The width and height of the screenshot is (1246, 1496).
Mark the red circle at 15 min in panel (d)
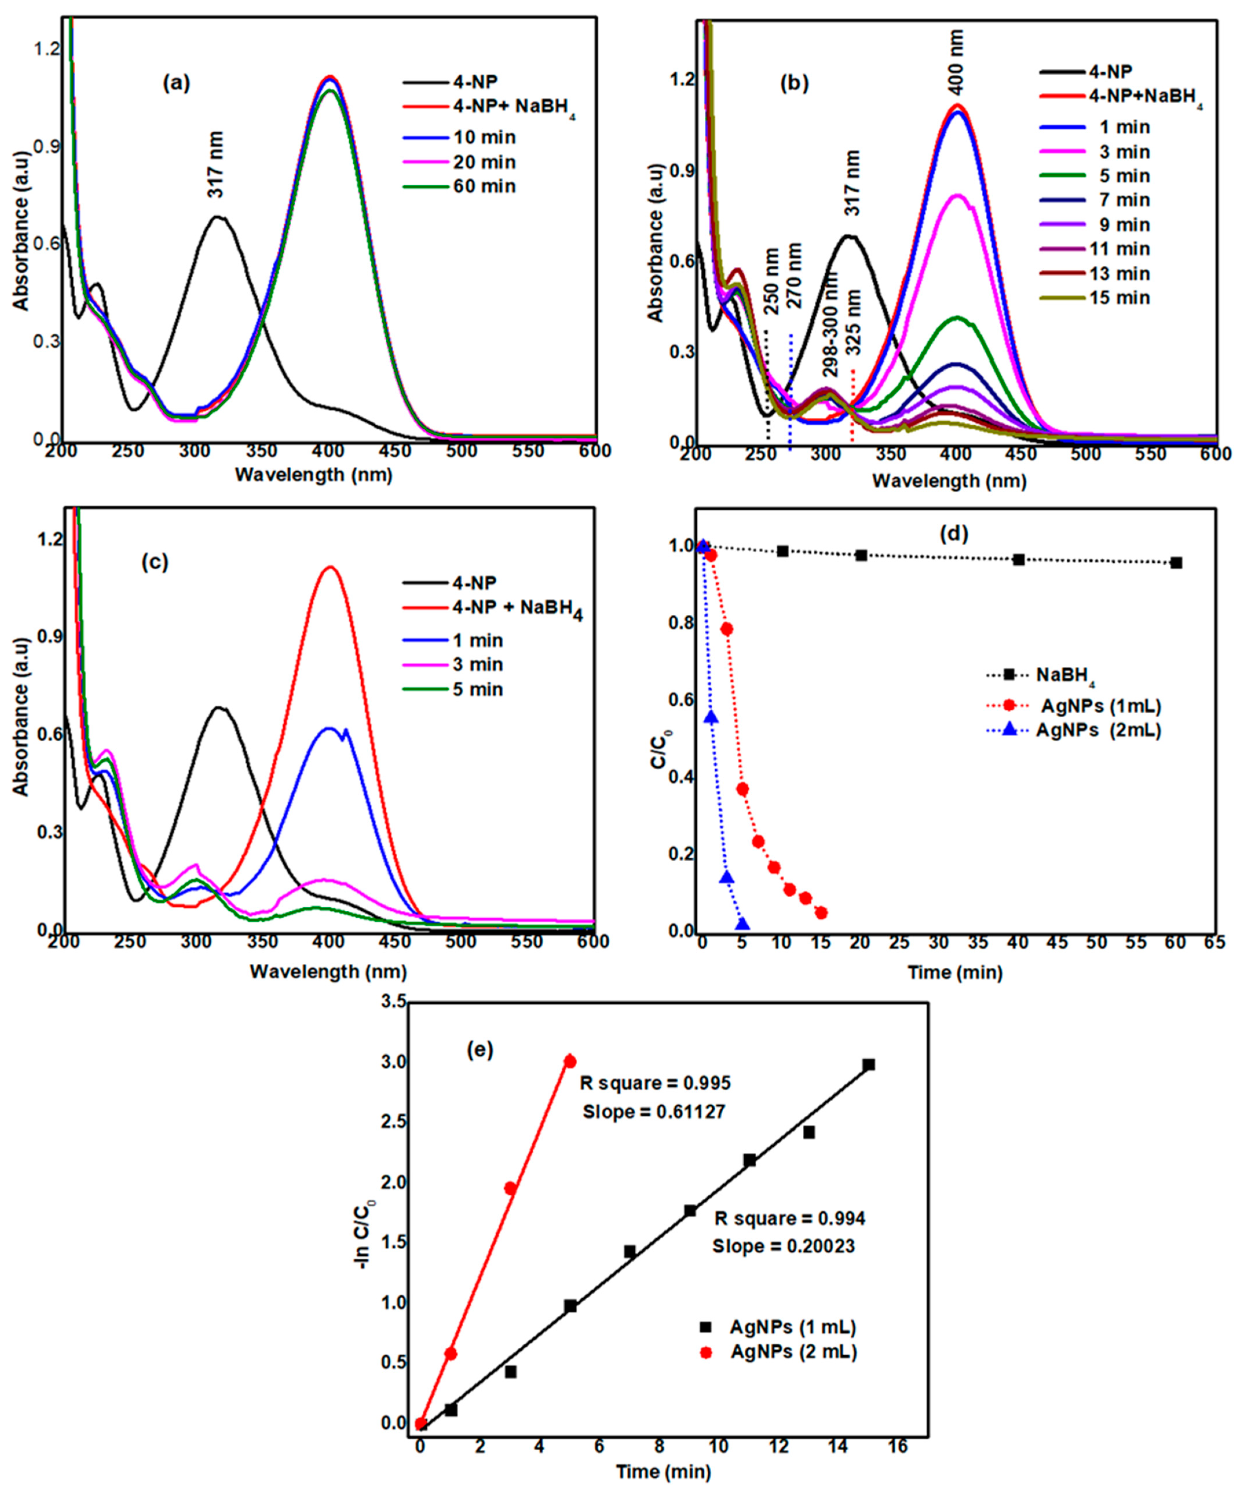[x=821, y=912]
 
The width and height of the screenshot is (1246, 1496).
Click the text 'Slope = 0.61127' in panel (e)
[x=654, y=1112]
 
